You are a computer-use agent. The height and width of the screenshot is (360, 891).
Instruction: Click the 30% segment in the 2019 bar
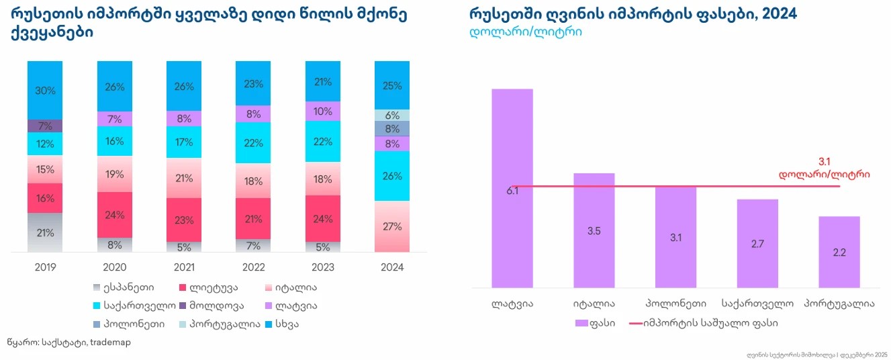[44, 90]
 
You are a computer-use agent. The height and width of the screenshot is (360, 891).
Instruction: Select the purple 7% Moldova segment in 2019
[44, 126]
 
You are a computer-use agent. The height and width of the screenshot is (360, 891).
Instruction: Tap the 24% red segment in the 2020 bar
[114, 215]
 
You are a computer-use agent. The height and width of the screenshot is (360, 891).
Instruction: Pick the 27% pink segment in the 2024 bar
[392, 226]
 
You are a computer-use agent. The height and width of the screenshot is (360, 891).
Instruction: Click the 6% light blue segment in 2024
[392, 115]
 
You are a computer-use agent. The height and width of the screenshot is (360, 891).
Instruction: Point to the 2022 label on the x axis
[252, 267]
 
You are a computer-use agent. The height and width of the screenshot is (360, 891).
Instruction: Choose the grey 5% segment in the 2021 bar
[184, 246]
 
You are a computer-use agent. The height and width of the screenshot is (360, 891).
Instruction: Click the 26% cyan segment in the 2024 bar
[392, 175]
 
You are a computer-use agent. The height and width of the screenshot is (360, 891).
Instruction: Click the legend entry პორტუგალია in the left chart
[219, 324]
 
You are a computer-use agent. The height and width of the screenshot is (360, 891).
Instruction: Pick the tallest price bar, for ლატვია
[512, 188]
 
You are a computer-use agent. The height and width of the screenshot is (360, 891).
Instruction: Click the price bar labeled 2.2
[839, 252]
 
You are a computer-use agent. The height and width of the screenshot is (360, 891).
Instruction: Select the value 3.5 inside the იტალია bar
[594, 230]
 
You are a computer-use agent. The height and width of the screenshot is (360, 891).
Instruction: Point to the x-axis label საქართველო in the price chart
[757, 303]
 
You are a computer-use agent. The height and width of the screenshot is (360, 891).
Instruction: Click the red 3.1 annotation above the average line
[825, 161]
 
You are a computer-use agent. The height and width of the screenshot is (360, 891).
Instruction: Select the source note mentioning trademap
[68, 342]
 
